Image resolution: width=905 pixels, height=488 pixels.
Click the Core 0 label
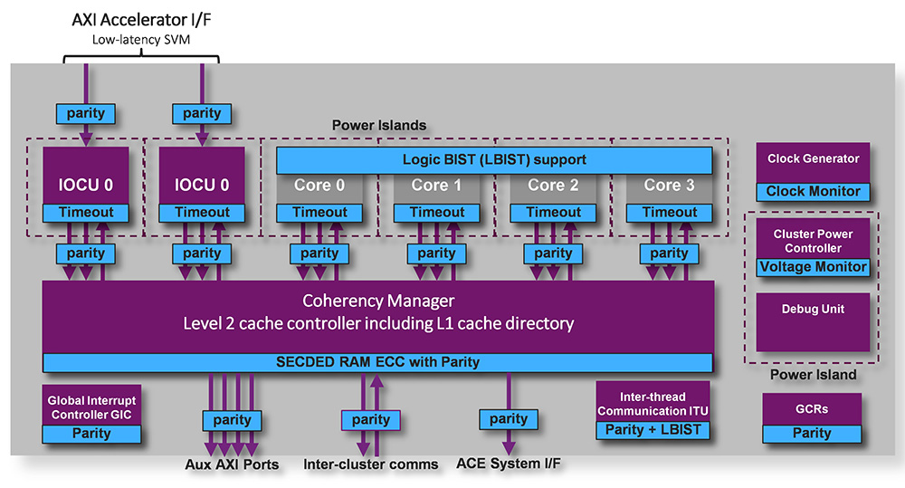pos(319,186)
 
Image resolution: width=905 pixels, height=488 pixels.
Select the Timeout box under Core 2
pos(553,213)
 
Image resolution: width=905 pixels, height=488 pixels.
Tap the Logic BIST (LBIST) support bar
pos(494,160)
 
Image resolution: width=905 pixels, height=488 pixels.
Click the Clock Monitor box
pos(813,192)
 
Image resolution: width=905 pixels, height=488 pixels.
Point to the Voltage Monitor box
pos(813,267)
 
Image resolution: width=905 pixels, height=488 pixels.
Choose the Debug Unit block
pos(813,310)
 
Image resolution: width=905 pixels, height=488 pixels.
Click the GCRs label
pos(812,409)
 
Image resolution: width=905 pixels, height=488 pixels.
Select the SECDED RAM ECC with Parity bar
pos(378,362)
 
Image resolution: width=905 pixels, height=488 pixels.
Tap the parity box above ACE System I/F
pos(509,418)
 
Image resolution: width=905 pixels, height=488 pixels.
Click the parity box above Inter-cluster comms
pos(371,419)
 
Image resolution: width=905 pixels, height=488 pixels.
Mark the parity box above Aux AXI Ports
pos(232,419)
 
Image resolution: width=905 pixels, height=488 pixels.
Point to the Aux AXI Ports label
pos(232,464)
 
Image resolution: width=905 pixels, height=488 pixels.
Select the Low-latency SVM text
pos(141,40)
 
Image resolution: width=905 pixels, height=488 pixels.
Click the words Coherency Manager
pos(378,301)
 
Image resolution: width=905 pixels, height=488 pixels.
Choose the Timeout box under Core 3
pos(670,213)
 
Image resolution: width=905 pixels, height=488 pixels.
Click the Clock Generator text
pos(813,159)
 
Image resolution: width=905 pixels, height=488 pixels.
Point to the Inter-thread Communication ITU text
pos(653,404)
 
